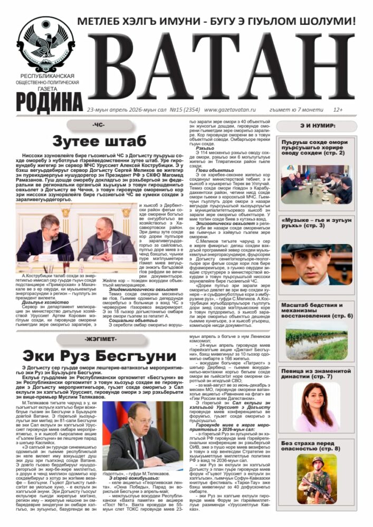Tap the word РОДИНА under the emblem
point(49,100)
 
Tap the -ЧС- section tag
point(98,125)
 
